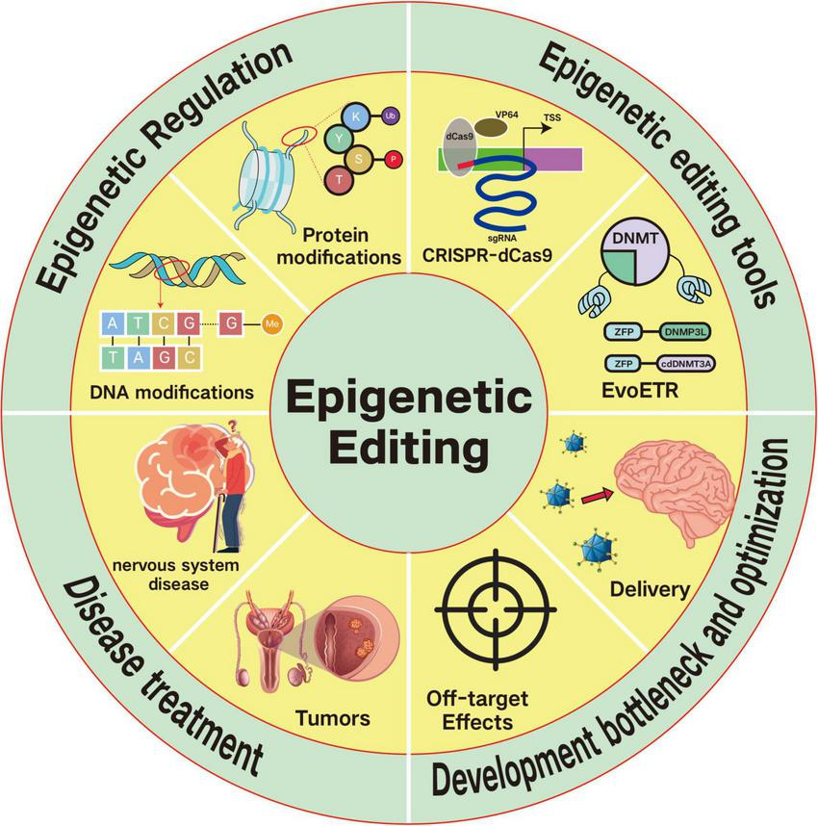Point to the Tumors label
(x=334, y=717)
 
